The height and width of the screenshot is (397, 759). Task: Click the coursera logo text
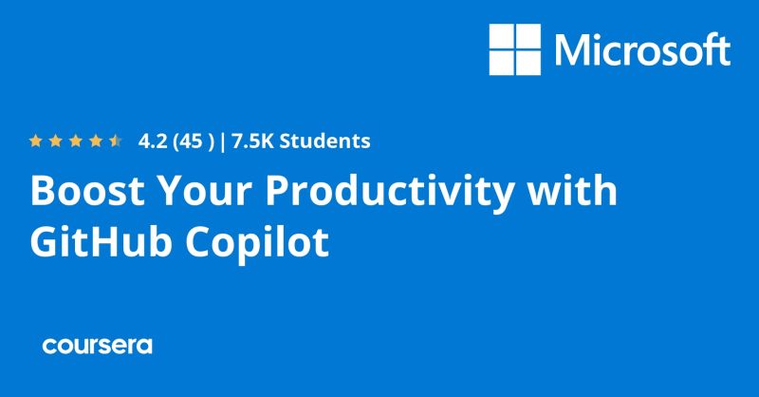pyautogui.click(x=97, y=346)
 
